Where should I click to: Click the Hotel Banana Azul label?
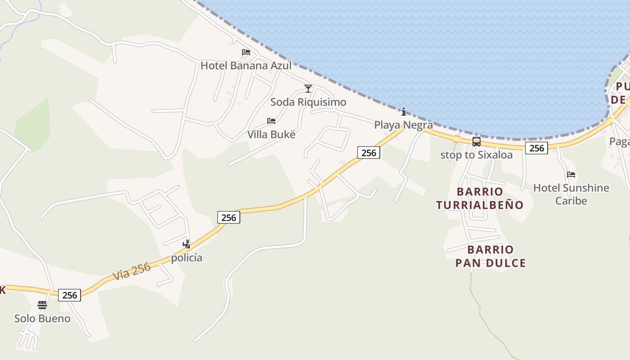coord(246,66)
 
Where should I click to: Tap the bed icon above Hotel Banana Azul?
coord(246,52)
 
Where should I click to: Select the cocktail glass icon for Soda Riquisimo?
coord(308,89)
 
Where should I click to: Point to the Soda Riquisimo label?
coord(308,102)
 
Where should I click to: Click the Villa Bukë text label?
coord(271,135)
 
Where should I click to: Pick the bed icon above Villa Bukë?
coord(271,121)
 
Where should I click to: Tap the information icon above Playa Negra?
coord(404,112)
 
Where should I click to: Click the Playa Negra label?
coord(404,125)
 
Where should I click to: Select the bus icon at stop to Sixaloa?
coord(476,142)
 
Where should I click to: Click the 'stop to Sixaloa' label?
coord(476,155)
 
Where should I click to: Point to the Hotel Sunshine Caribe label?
coord(571,194)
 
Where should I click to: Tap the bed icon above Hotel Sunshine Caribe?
coord(571,175)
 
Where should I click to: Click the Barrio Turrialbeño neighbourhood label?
coord(480,198)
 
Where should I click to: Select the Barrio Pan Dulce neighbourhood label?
coord(490,256)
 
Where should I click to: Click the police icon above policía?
coord(186,244)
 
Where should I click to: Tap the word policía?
coord(186,258)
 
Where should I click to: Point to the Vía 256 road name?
coord(132,271)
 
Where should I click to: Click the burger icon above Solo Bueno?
coord(42,305)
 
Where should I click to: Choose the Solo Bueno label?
coord(42,319)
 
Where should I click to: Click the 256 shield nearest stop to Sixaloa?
coord(536,148)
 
